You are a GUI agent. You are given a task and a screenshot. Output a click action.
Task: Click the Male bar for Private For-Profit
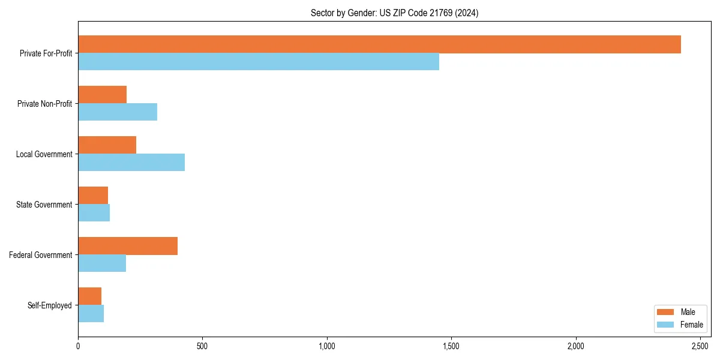tap(379, 44)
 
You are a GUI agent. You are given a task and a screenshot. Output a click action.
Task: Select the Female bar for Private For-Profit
tap(259, 62)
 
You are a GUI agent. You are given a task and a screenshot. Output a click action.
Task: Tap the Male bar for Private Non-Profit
tap(102, 95)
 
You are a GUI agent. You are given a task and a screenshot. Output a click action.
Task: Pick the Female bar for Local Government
tap(131, 163)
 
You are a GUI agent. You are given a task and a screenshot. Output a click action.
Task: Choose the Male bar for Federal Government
tap(128, 246)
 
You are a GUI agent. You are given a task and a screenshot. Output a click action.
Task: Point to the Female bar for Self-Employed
tap(91, 314)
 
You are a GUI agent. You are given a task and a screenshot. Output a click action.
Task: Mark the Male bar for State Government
tap(93, 196)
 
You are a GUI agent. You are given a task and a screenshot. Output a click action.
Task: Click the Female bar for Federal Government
tap(102, 263)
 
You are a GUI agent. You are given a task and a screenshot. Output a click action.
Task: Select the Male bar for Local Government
tap(107, 145)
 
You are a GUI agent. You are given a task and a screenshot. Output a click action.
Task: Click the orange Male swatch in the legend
tap(666, 312)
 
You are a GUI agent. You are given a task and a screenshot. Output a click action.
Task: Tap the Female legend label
tap(692, 325)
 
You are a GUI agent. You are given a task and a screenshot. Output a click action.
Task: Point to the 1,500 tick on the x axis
tap(451, 347)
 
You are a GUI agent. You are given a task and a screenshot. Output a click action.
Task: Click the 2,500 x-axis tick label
tap(700, 347)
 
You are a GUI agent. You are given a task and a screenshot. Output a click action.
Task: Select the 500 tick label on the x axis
tap(202, 347)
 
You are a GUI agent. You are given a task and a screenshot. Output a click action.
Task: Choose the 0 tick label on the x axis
tap(78, 347)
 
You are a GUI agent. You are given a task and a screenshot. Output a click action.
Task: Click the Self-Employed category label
tap(50, 305)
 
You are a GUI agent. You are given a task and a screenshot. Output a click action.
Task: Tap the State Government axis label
tap(44, 205)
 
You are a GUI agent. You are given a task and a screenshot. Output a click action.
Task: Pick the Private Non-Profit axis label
tap(44, 104)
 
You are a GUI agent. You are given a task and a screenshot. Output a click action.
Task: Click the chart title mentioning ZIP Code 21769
tap(394, 13)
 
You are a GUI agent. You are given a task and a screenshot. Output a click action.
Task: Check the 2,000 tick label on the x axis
tap(575, 347)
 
